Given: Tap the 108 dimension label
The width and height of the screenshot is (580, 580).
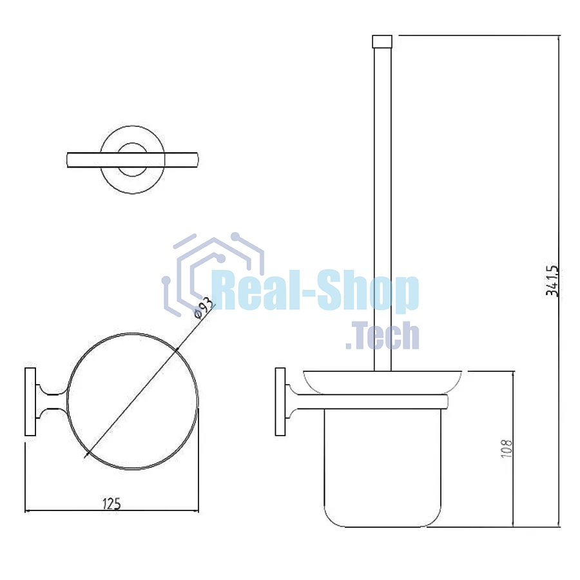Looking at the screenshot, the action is coord(507,449).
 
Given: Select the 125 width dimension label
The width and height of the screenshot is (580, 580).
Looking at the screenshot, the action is coord(111,503).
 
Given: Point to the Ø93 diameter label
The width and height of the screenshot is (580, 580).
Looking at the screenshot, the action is coord(204,307).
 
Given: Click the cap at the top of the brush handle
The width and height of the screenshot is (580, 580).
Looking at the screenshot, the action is coord(382,41).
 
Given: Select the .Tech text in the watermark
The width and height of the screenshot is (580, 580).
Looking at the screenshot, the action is coord(382,336).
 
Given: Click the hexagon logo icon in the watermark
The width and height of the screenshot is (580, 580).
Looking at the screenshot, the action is coord(213,274).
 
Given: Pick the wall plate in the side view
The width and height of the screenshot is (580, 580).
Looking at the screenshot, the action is coord(280,401).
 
